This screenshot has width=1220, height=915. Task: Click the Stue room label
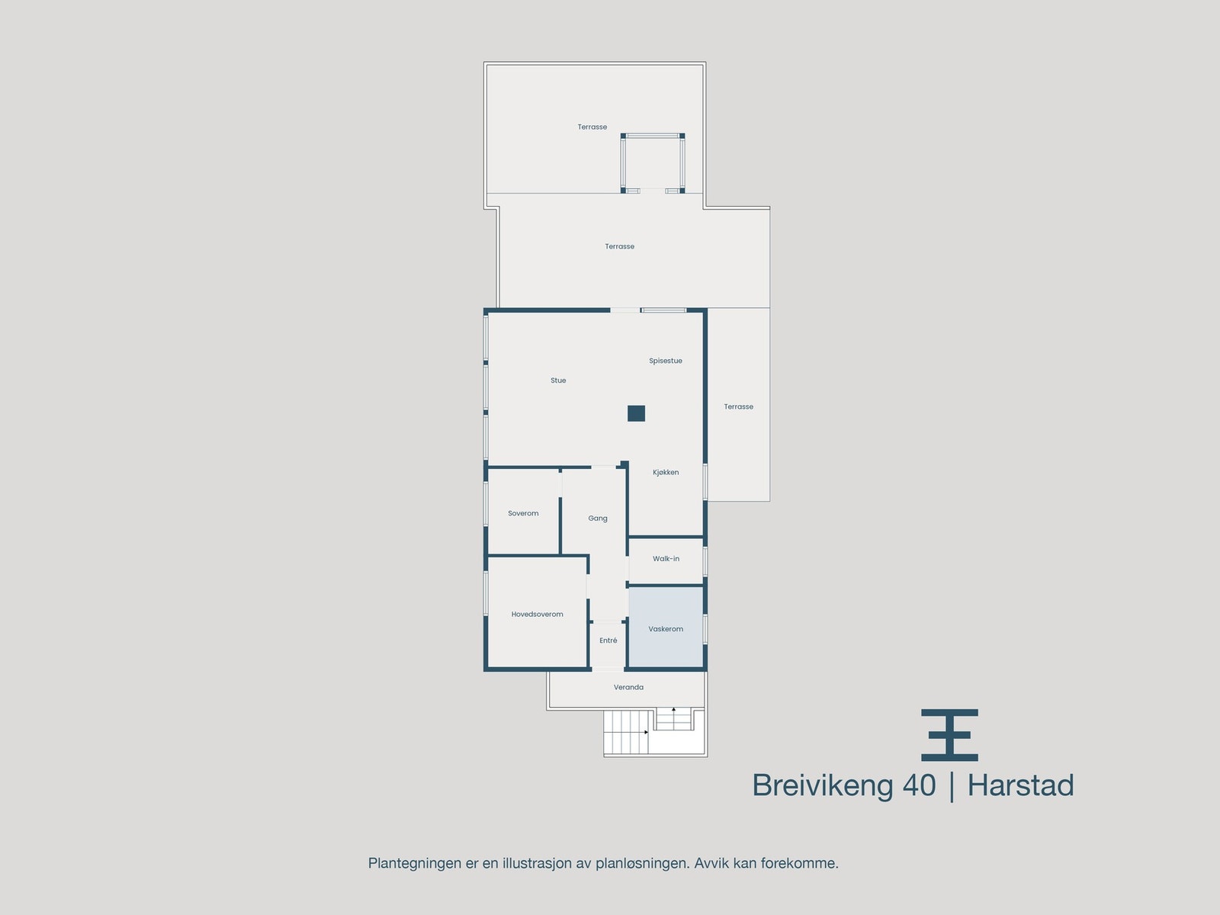558,380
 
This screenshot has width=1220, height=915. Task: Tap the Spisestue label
666,361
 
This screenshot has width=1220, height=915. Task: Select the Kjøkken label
666,473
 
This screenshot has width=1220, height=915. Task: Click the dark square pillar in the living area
637,413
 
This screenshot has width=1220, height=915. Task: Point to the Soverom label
523,514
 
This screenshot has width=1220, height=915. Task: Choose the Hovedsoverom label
537,615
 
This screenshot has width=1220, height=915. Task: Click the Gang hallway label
598,518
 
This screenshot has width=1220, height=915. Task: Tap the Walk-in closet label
666,559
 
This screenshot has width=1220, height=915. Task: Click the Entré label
608,640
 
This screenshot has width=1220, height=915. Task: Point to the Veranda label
628,688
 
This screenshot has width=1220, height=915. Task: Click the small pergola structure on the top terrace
653,163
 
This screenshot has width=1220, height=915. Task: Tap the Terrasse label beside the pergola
592,127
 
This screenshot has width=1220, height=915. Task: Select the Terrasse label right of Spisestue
738,407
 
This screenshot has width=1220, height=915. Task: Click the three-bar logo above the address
949,735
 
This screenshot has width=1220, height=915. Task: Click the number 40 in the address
920,785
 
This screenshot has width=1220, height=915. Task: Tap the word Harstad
1020,785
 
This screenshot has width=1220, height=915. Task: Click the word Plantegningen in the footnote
415,864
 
